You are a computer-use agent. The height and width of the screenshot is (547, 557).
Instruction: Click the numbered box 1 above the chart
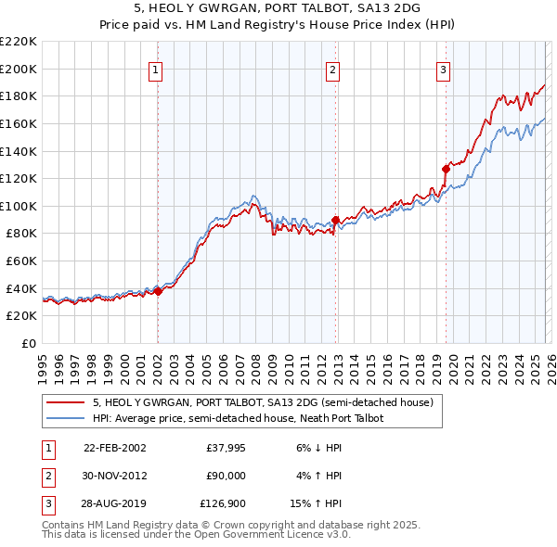pos(156,69)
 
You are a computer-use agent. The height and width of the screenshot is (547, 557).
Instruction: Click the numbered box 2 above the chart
pos(332,69)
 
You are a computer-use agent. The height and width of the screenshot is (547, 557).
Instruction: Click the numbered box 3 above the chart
pos(444,69)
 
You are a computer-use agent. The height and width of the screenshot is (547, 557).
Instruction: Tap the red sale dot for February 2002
pos(158,291)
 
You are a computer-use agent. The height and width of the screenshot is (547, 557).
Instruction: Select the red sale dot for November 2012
pos(335,220)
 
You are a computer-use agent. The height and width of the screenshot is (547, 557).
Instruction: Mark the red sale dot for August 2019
pos(446,169)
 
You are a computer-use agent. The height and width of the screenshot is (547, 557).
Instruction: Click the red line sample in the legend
pos(66,403)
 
